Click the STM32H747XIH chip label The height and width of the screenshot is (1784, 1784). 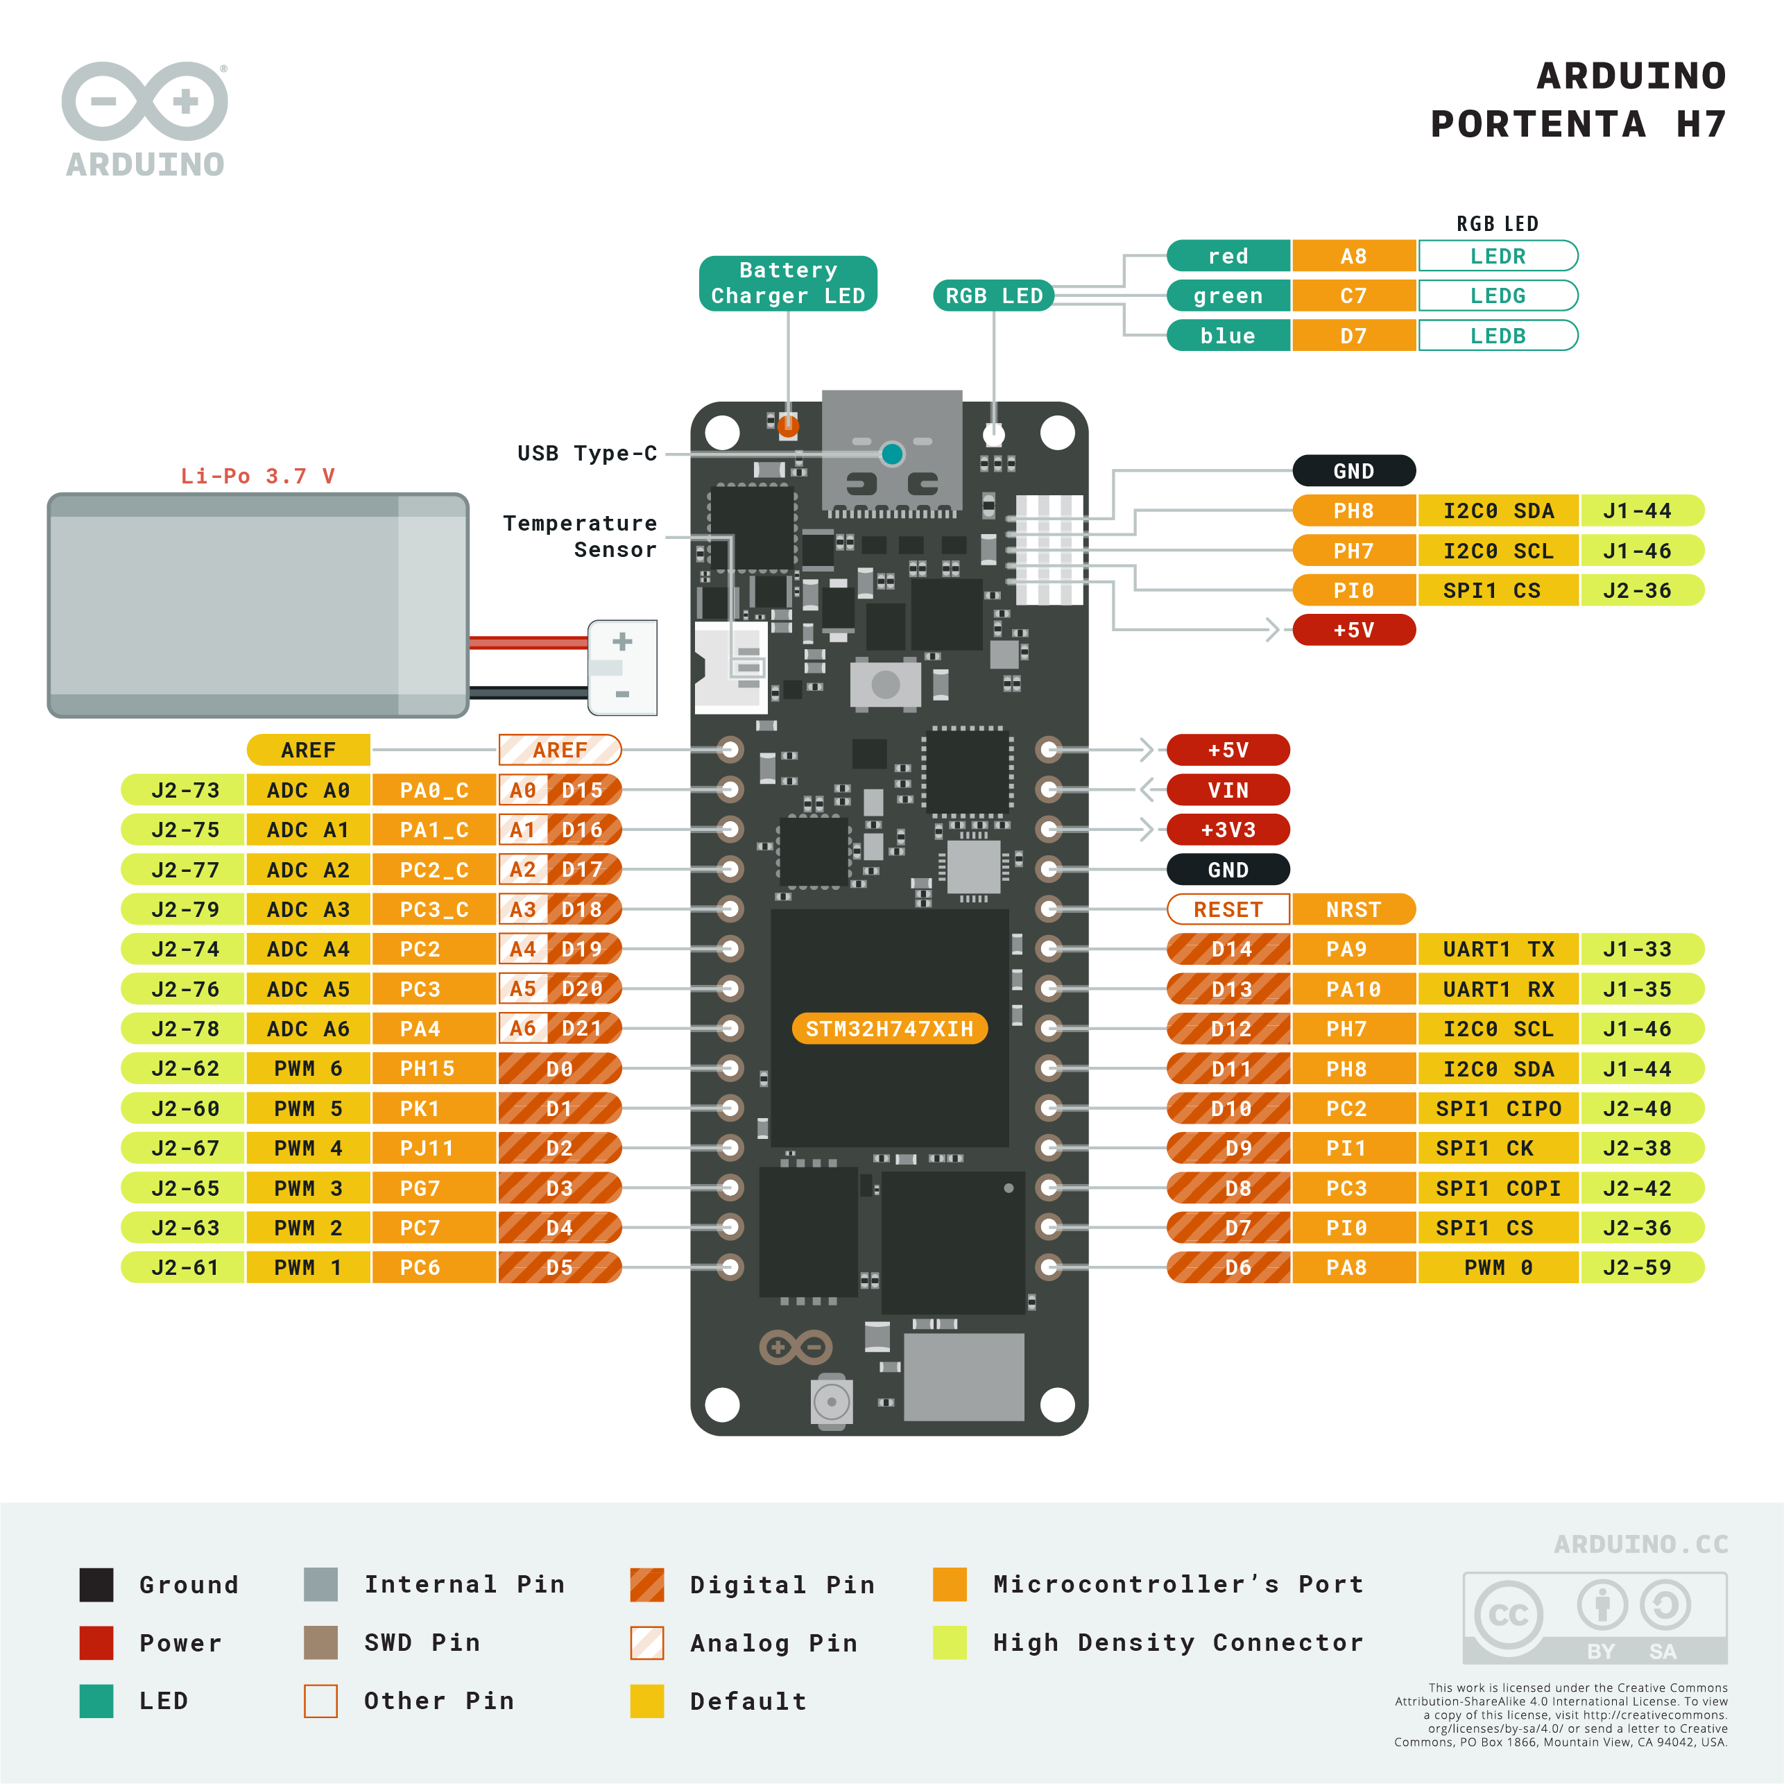pyautogui.click(x=889, y=1029)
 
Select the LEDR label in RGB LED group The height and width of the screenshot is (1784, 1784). pyautogui.click(x=1497, y=256)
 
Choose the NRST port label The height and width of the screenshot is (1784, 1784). pyautogui.click(x=1353, y=909)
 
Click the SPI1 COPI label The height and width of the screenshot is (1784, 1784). pyautogui.click(x=1497, y=1188)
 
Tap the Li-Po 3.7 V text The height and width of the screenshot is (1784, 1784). pyautogui.click(x=257, y=477)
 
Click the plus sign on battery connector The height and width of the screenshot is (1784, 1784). pyautogui.click(x=622, y=642)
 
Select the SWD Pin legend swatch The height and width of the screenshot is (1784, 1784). pyautogui.click(x=320, y=1643)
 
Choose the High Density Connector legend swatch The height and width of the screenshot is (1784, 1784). pyautogui.click(x=950, y=1643)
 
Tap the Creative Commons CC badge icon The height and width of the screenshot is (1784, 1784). pyautogui.click(x=1508, y=1615)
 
